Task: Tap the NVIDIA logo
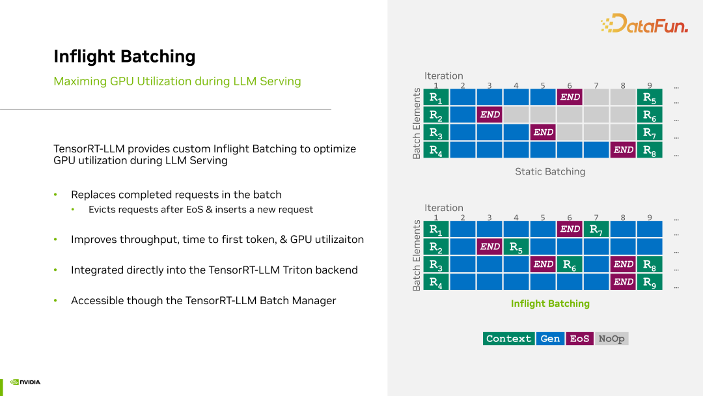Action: coord(26,382)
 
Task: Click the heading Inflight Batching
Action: coord(124,57)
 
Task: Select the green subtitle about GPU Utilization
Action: coord(177,81)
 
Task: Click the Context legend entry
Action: coord(508,339)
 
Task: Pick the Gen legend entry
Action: coord(550,339)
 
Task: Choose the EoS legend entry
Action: coord(579,339)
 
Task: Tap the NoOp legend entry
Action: coord(611,339)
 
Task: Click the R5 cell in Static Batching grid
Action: coord(649,98)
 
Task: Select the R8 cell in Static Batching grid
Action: coord(649,150)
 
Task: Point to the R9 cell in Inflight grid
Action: coord(649,283)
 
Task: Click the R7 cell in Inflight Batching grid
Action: coord(596,229)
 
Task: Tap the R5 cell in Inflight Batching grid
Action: coord(516,247)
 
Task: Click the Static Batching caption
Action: coord(550,172)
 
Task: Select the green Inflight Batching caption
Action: coord(550,304)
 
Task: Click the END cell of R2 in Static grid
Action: coord(489,115)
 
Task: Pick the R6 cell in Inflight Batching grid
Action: coord(569,265)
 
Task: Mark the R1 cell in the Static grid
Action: coord(436,98)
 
